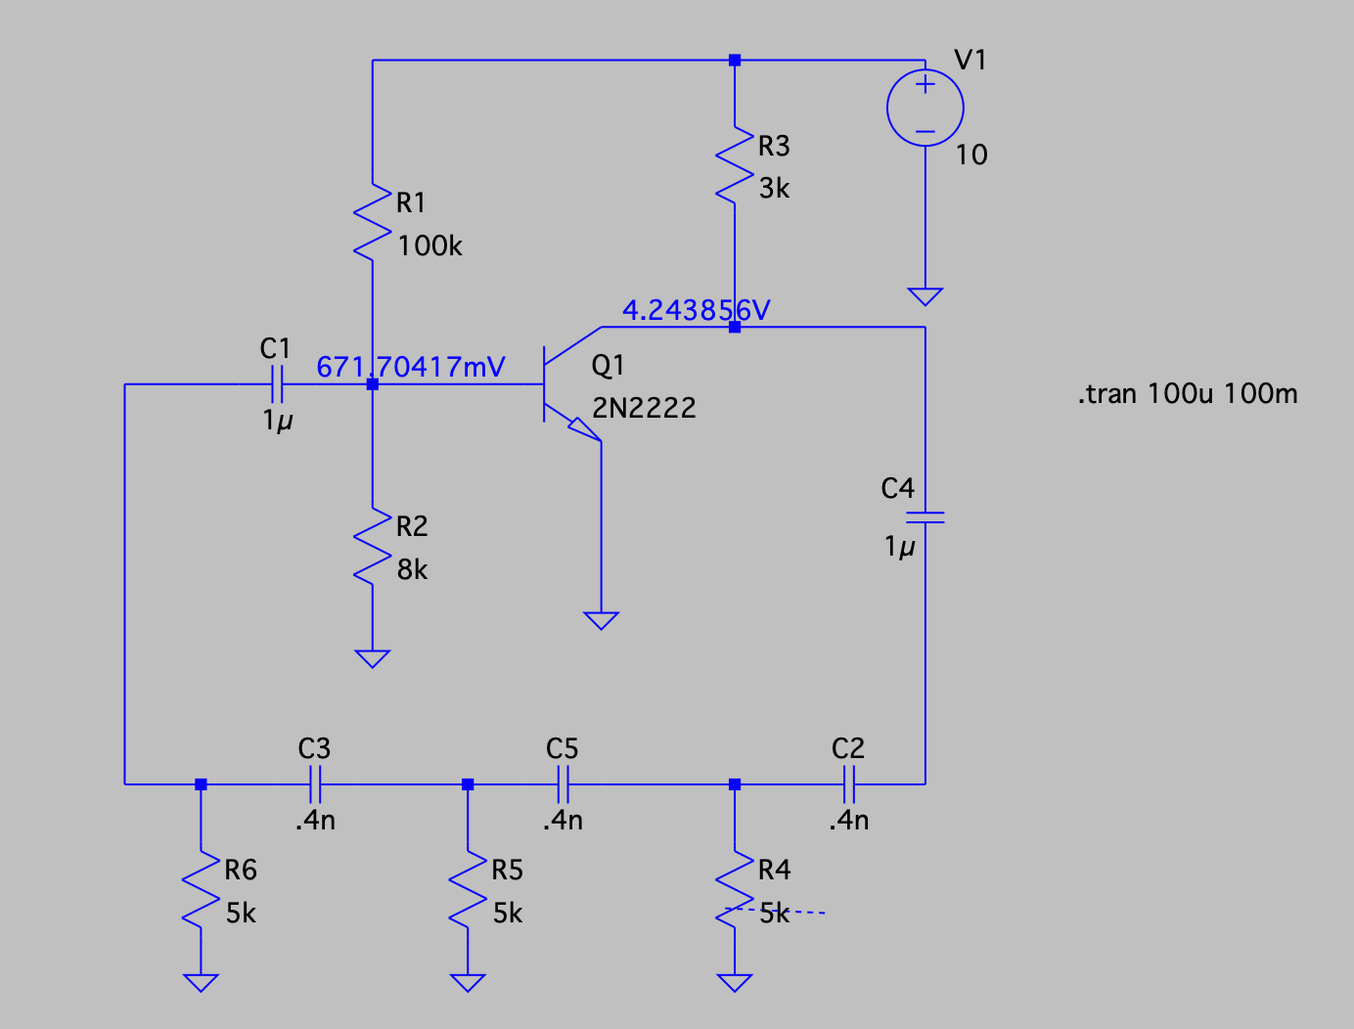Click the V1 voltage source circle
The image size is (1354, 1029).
[x=925, y=109]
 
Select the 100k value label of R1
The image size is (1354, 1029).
[x=429, y=246]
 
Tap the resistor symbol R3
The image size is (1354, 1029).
[x=735, y=164]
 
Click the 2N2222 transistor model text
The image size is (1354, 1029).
[x=644, y=408]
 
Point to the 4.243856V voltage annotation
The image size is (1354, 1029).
[x=696, y=310]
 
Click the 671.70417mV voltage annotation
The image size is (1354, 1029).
[x=410, y=367]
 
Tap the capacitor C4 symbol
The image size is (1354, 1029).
[x=925, y=516]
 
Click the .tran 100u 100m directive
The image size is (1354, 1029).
[x=1188, y=394]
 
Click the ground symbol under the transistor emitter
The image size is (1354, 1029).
[x=601, y=620]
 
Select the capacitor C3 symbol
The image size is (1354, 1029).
[x=315, y=783]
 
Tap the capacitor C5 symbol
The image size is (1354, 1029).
[x=564, y=783]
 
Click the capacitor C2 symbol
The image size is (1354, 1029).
[x=848, y=783]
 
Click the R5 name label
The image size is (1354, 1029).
[x=507, y=870]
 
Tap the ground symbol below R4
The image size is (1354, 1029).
[x=735, y=982]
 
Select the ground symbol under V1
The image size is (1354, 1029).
[x=925, y=295]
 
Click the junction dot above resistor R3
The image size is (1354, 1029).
[x=735, y=61]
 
